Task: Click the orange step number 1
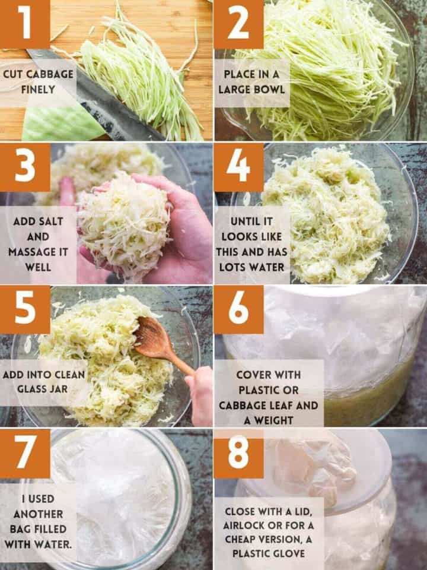click(25, 24)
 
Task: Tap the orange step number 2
click(238, 24)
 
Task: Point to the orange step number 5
click(25, 309)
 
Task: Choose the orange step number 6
click(238, 309)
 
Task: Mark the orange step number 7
click(25, 452)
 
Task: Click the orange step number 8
click(238, 452)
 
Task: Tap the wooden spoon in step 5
click(155, 343)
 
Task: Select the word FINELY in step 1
click(39, 90)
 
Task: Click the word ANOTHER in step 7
click(37, 513)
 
